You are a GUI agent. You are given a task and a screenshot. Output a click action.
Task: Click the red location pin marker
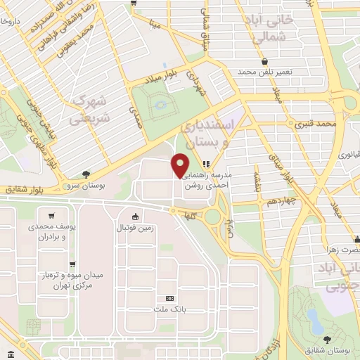(x=181, y=165)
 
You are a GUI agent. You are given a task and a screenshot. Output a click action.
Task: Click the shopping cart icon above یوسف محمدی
(x=52, y=216)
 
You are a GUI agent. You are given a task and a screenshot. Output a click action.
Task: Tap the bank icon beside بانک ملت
(x=169, y=298)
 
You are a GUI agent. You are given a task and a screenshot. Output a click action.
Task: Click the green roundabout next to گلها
(x=212, y=217)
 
